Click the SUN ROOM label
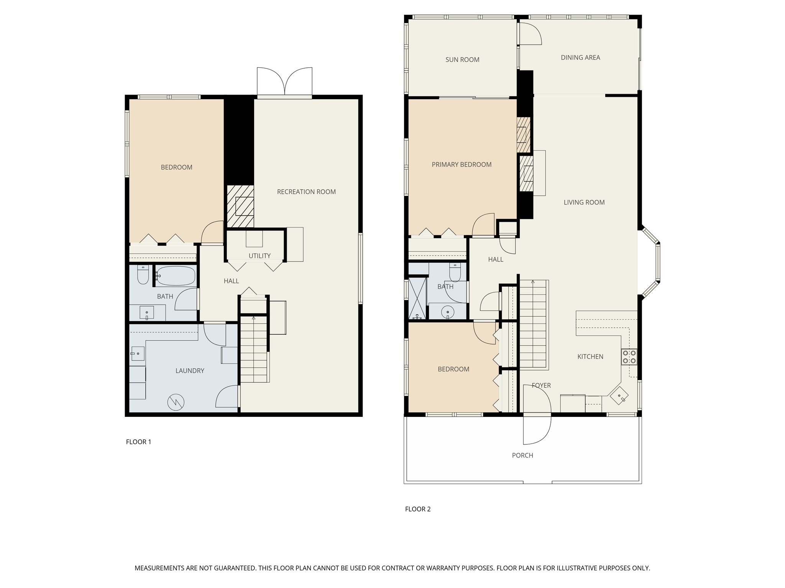pyautogui.click(x=462, y=60)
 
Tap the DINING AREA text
pyautogui.click(x=580, y=57)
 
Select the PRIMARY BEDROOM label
pyautogui.click(x=461, y=165)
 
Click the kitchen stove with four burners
pyautogui.click(x=629, y=357)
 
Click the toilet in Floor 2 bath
pyautogui.click(x=455, y=273)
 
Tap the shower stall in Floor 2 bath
pyautogui.click(x=417, y=298)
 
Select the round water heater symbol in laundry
pyautogui.click(x=176, y=402)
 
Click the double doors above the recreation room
pyautogui.click(x=284, y=81)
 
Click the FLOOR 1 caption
pyautogui.click(x=138, y=442)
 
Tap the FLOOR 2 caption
pyautogui.click(x=418, y=509)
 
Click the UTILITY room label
pyautogui.click(x=259, y=256)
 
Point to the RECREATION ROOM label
pyautogui.click(x=306, y=192)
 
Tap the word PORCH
pyautogui.click(x=522, y=456)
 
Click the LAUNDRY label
pyautogui.click(x=190, y=371)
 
